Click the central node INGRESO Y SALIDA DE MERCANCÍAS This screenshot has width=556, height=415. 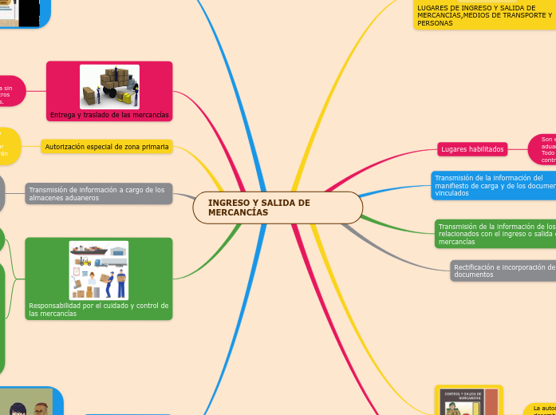point(278,207)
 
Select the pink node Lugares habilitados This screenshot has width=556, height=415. point(472,149)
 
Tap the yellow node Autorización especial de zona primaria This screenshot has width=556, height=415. point(107,146)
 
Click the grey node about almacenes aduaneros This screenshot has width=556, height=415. point(99,193)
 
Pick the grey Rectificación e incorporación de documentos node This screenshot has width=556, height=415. point(503,271)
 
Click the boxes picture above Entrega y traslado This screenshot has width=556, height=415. point(109,87)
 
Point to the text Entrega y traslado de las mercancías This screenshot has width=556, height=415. point(109,115)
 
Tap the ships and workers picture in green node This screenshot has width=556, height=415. point(99,270)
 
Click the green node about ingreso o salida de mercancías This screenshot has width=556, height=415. point(495,234)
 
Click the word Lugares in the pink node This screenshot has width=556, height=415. point(454,149)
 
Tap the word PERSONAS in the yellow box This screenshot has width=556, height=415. point(435,24)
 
